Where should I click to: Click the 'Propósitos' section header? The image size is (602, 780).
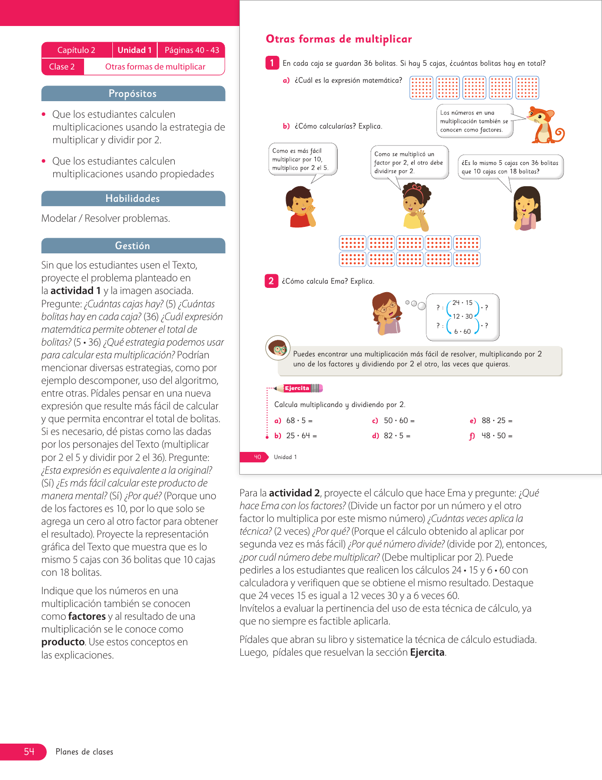133,94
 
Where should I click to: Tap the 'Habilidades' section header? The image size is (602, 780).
133,199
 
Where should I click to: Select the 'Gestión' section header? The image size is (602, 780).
133,246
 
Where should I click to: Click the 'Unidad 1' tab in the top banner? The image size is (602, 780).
135,50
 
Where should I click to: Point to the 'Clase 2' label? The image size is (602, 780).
62,67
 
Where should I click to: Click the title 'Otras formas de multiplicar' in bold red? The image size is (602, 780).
339,39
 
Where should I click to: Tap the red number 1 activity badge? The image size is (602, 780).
272,63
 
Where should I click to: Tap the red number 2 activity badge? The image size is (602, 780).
271,281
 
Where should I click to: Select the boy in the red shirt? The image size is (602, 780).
300,207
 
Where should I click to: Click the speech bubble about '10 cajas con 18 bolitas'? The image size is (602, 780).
510,167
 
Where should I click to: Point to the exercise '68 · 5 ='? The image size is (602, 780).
299,421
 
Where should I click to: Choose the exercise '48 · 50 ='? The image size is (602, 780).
497,436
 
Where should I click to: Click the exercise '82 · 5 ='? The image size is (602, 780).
397,436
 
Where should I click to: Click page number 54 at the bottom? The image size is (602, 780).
29,752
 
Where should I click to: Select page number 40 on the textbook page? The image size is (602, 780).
257,457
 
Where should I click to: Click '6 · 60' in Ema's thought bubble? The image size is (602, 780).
462,331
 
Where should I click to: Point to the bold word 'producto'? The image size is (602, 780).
63,642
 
